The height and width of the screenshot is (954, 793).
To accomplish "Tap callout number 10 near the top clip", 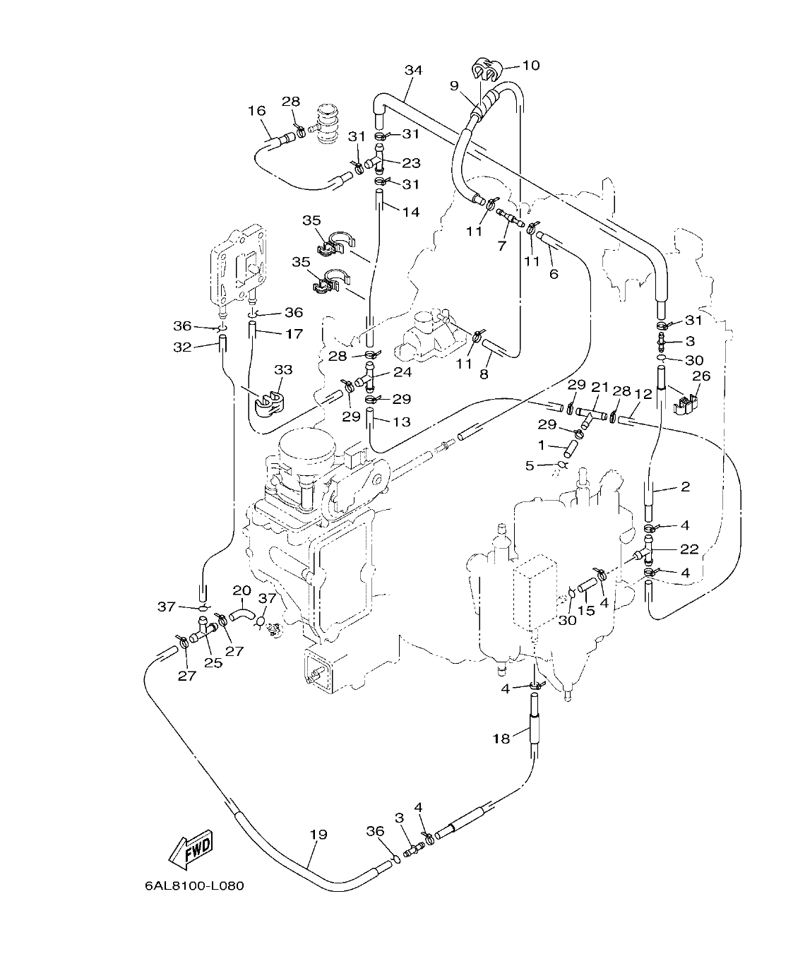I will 530,66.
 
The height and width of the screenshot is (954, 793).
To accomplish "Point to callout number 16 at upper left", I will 256,110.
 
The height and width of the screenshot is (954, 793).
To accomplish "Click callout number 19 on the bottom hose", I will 318,834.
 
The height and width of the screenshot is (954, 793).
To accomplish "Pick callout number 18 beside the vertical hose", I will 501,739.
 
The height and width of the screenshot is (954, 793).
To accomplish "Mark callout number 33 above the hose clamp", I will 282,370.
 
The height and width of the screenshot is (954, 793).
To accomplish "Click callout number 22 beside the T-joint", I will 689,549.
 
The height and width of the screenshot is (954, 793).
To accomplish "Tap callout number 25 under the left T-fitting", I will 213,662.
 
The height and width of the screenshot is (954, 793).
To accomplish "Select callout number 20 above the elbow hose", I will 242,590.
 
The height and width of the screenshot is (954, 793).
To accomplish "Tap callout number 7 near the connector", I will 502,245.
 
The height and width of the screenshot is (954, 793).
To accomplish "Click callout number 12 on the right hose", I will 643,394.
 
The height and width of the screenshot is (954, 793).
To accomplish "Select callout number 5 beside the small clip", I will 529,465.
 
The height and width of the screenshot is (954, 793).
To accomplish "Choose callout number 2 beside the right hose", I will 684,487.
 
